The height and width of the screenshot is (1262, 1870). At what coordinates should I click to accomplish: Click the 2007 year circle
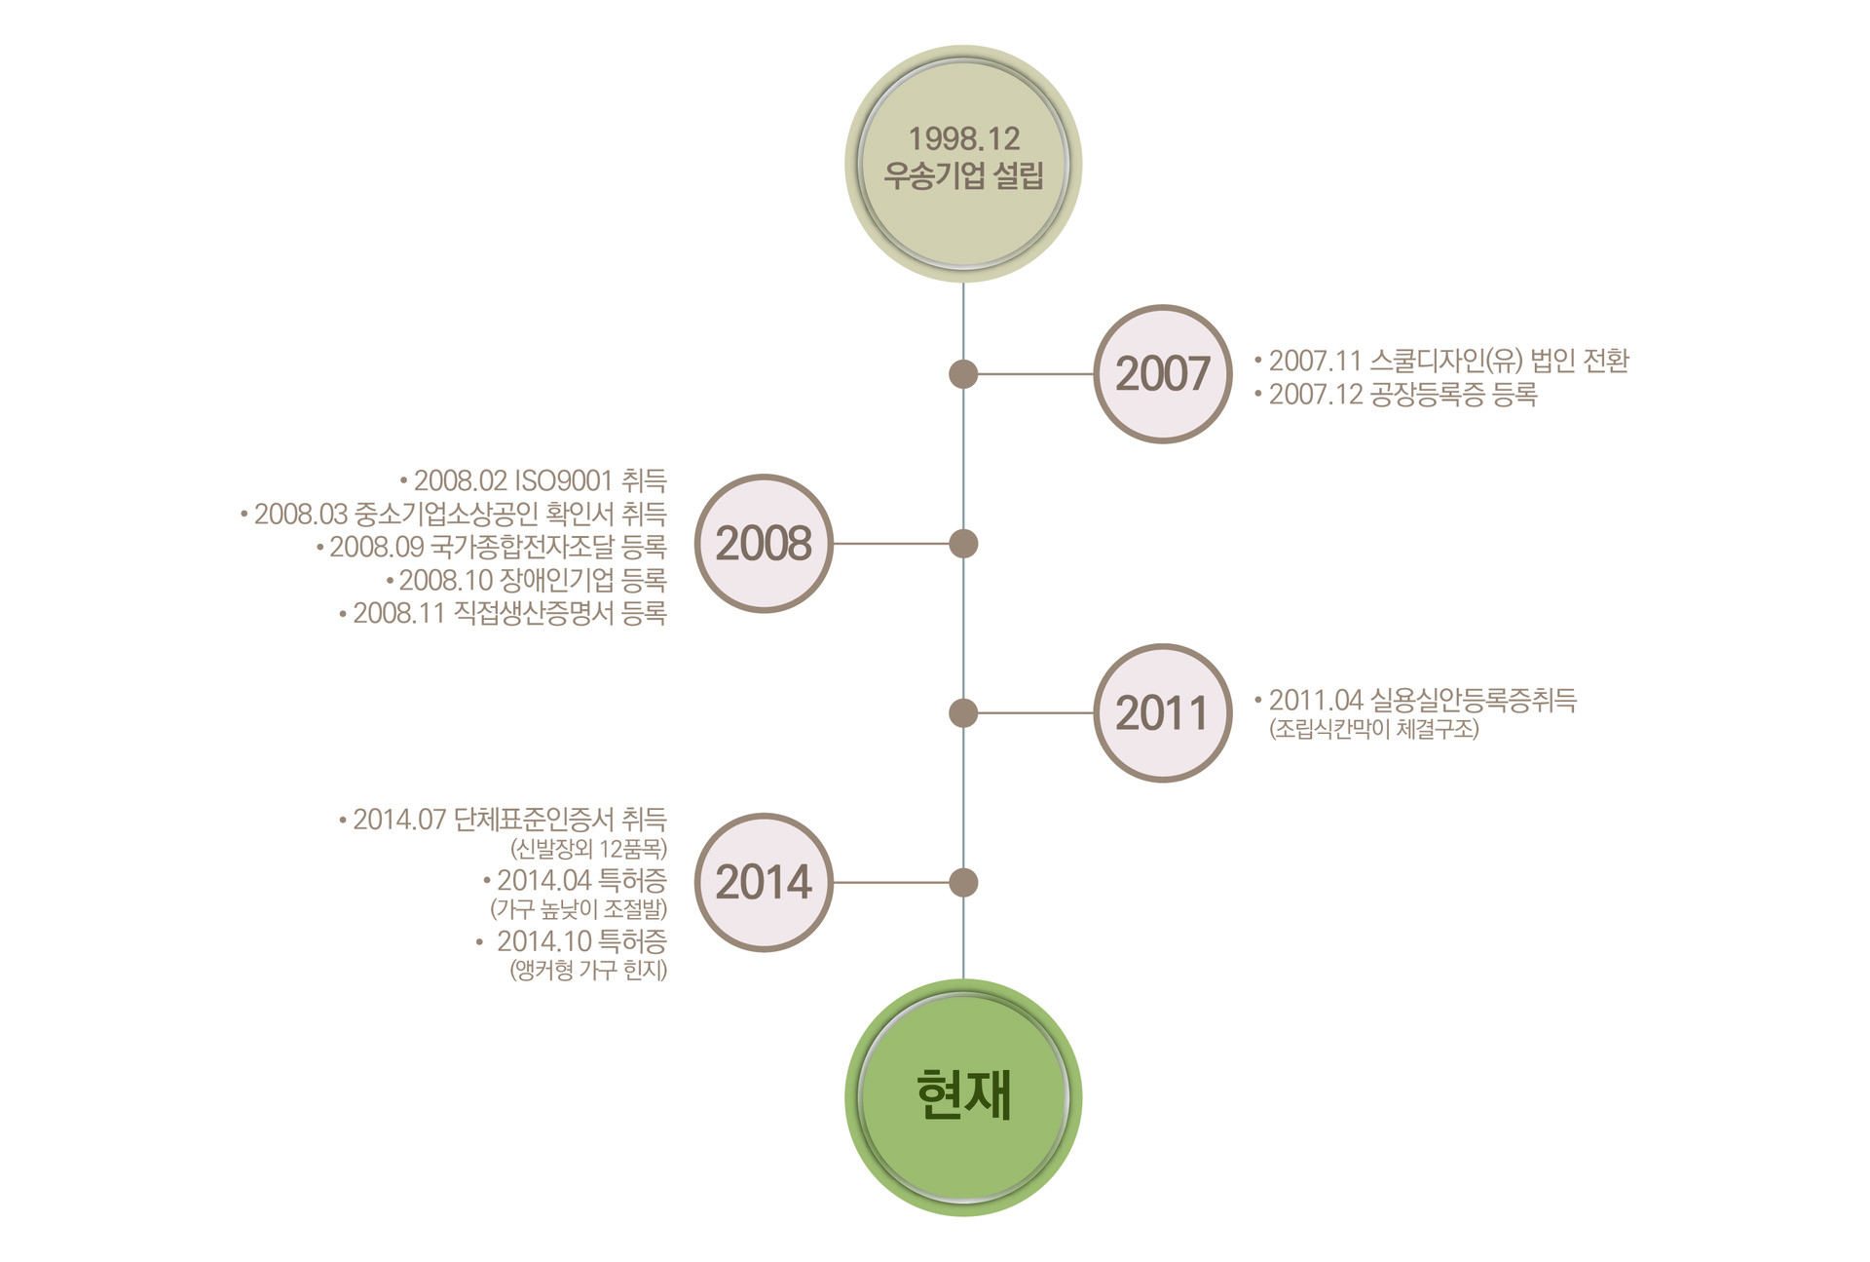tap(1163, 374)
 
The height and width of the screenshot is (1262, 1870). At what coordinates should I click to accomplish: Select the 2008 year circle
tap(764, 544)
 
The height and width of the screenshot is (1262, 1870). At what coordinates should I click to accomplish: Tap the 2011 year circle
tap(1163, 712)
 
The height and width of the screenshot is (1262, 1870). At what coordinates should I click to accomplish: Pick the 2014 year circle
tap(764, 882)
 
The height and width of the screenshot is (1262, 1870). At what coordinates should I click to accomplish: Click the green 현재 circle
tap(963, 1097)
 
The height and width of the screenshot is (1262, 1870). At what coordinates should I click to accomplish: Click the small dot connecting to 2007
tap(963, 374)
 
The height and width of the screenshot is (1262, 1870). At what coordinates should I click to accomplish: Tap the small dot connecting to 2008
tap(963, 544)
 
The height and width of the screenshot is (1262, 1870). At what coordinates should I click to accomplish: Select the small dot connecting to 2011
tap(963, 712)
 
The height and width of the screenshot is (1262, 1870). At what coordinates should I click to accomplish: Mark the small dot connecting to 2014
tap(963, 882)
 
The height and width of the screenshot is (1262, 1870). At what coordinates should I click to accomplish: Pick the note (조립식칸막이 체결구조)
tap(1373, 729)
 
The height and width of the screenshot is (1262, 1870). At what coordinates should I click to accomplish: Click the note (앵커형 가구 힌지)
tap(588, 971)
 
